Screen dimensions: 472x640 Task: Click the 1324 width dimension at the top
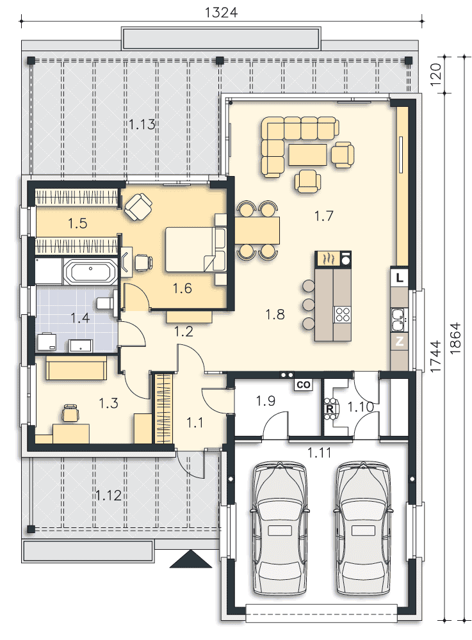click(221, 12)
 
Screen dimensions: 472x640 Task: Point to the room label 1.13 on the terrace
click(142, 124)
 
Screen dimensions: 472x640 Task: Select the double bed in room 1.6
click(195, 250)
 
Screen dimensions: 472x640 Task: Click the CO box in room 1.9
click(304, 385)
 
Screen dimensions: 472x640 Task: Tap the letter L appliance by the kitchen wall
click(400, 278)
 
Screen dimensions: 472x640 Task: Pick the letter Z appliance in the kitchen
click(400, 341)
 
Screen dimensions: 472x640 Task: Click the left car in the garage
click(280, 529)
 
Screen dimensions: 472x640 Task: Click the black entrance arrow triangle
click(191, 559)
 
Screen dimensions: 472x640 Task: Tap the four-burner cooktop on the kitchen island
click(343, 315)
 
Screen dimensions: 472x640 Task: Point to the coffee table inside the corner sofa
click(308, 155)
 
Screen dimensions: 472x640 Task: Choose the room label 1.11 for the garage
click(319, 452)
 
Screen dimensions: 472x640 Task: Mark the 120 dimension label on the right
click(435, 74)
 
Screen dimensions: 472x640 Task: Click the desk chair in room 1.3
click(70, 413)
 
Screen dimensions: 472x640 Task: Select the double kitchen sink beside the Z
click(398, 319)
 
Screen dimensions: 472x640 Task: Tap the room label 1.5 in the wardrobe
click(77, 223)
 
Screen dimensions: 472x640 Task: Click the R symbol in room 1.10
click(329, 409)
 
